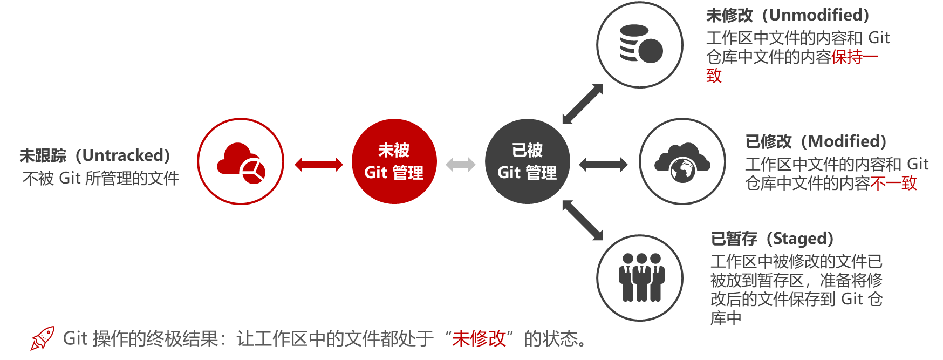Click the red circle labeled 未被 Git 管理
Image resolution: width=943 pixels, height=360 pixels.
click(394, 161)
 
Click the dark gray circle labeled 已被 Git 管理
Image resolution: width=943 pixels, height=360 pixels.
click(527, 161)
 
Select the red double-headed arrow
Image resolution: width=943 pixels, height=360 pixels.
click(319, 165)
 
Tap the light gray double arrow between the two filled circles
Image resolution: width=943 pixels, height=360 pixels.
click(461, 165)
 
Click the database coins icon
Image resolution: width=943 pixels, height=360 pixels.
click(640, 44)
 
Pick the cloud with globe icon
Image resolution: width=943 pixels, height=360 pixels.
click(682, 162)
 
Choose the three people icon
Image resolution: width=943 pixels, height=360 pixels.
click(641, 277)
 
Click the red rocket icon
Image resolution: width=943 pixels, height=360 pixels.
click(43, 338)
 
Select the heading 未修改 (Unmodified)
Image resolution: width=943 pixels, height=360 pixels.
click(787, 15)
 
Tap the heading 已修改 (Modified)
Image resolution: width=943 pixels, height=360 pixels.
click(815, 141)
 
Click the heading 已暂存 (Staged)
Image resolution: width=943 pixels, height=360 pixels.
click(772, 239)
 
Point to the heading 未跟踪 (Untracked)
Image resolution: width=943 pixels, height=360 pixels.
click(95, 155)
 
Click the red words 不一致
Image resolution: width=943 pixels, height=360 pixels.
click(893, 184)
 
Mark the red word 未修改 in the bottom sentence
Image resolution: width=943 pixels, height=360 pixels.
click(479, 339)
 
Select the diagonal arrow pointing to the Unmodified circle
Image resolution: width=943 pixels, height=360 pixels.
click(582, 104)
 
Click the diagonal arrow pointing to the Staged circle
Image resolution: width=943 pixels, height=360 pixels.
click(582, 220)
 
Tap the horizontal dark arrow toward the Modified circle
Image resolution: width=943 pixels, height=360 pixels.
click(604, 165)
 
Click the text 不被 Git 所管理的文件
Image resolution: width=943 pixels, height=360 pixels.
click(101, 178)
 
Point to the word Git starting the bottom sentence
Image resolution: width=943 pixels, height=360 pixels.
click(75, 339)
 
